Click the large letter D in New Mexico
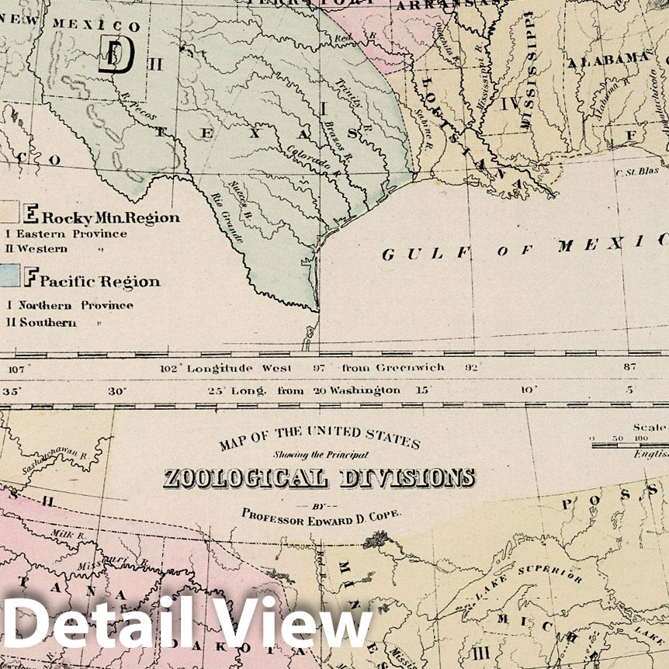coord(116,55)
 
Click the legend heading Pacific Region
coord(99,281)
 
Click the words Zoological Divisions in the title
coord(319,478)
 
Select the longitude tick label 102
coord(169,368)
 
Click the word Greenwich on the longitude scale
coord(411,367)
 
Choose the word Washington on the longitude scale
coord(364,390)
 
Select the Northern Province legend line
coord(69,306)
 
